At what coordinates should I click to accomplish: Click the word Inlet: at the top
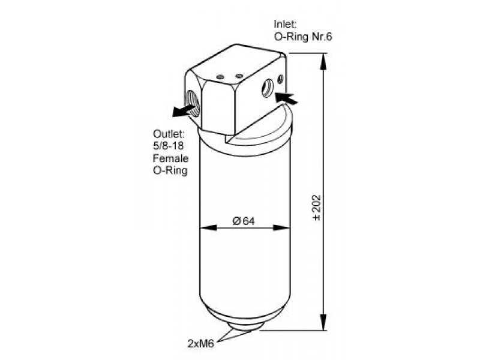coord(285,24)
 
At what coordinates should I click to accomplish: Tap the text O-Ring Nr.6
coord(303,37)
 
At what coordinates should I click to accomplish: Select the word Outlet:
coord(169,134)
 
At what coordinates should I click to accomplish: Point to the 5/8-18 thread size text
coord(168,146)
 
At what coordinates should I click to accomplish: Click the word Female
coord(170,158)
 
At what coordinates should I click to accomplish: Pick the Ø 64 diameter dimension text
coord(244,221)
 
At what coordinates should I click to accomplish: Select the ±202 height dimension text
coord(316,208)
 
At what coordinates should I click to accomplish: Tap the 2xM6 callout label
coord(201,343)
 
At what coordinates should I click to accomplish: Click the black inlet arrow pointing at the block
coord(286,98)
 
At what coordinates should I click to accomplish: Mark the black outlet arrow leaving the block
coord(183,110)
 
